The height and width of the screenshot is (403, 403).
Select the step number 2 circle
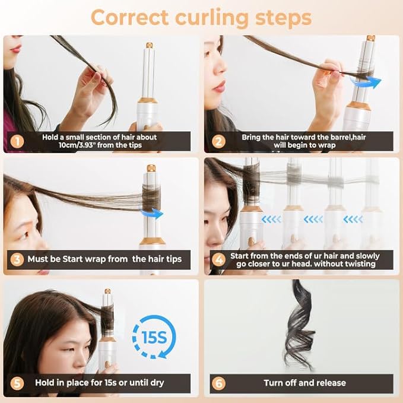tap(218, 141)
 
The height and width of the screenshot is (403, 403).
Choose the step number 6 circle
tap(218, 383)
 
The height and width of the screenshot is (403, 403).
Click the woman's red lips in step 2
tap(219, 87)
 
